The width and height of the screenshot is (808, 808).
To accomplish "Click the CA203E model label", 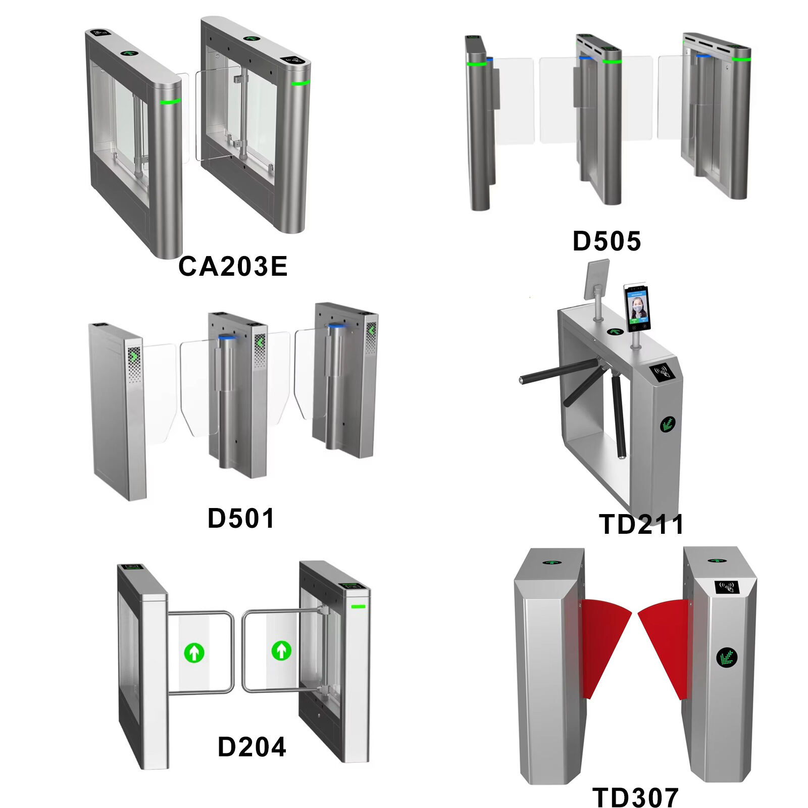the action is tap(233, 266).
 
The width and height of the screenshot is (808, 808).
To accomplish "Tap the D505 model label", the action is tap(607, 241).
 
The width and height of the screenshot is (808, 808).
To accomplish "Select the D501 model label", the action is tap(241, 518).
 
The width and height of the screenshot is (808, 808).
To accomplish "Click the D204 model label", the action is tap(251, 746).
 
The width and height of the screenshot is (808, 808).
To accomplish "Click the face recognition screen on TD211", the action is tap(636, 308).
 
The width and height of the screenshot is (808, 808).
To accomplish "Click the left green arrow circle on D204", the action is tap(194, 652).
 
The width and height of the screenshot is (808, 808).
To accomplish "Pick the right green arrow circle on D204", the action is tap(281, 650).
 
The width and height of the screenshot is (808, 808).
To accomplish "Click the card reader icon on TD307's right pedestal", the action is tap(727, 587).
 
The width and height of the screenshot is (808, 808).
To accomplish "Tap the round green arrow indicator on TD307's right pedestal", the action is tap(727, 657).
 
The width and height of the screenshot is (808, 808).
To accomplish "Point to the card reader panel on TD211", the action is tap(662, 373).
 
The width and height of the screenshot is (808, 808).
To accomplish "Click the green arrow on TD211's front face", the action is tap(668, 424).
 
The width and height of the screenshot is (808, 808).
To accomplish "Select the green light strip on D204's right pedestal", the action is tap(358, 606).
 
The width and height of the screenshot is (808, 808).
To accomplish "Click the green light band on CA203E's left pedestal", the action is tap(170, 102).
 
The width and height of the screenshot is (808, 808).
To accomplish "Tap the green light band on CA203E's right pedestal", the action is tap(300, 83).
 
